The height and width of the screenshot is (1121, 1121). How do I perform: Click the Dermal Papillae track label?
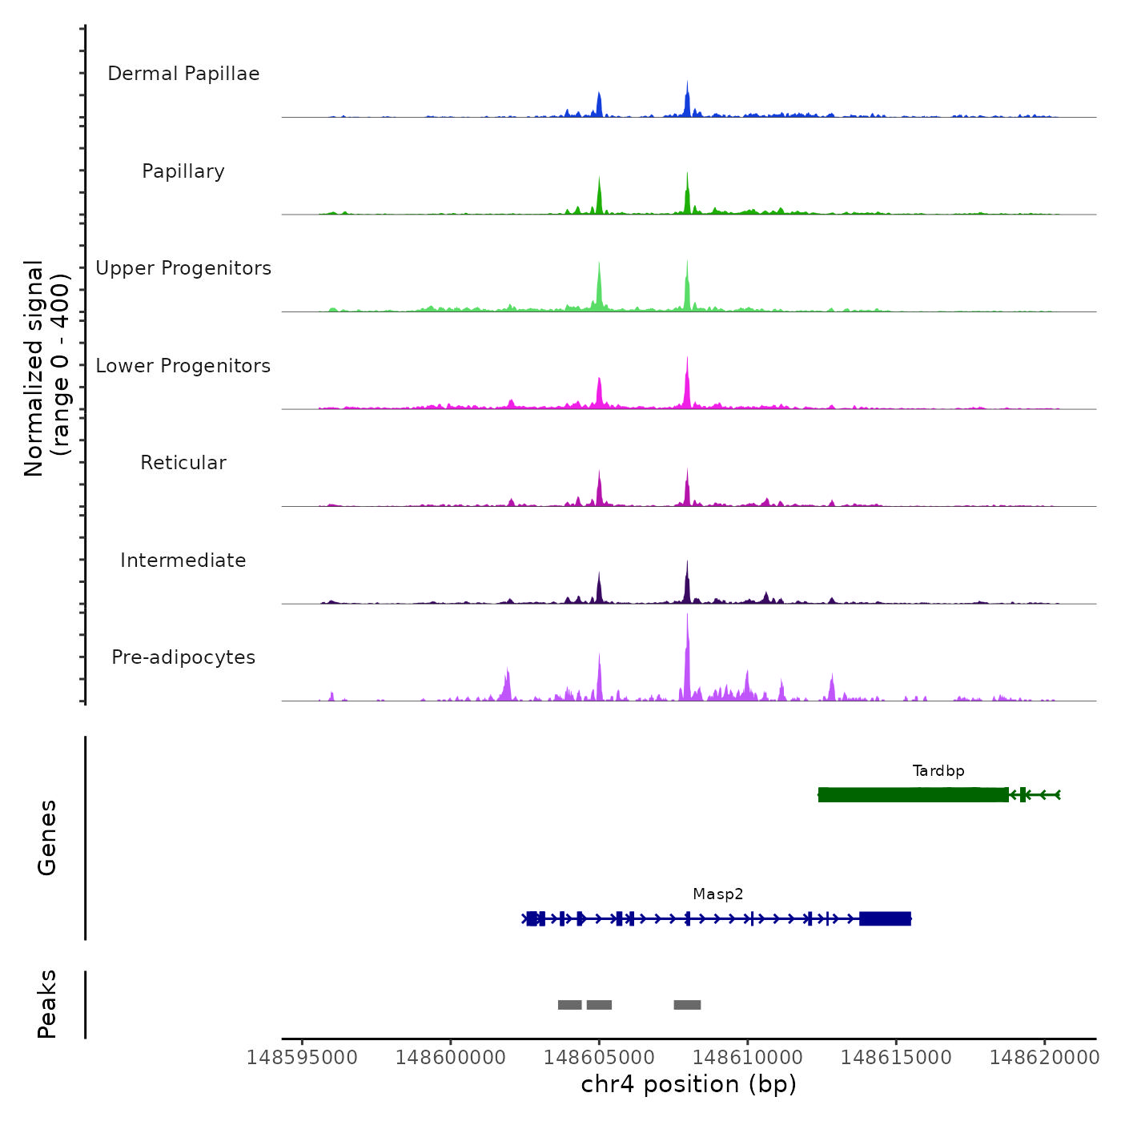[183, 74]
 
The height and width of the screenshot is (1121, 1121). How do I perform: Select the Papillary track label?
[183, 171]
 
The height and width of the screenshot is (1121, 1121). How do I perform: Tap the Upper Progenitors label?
[183, 268]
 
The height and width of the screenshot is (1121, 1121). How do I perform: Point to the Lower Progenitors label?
[183, 366]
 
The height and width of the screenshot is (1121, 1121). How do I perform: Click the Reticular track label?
[183, 463]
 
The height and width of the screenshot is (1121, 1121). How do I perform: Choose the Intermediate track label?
[183, 560]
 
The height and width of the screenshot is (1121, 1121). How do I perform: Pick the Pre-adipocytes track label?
[183, 657]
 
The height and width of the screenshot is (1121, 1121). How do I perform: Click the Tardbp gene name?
[938, 771]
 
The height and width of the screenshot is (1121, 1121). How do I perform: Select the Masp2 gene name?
[718, 894]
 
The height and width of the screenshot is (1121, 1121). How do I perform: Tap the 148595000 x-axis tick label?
[302, 1058]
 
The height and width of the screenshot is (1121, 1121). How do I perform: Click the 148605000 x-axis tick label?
[599, 1058]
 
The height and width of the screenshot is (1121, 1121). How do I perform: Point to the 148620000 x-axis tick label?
[1044, 1058]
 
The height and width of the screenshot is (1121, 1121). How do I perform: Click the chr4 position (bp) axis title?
[689, 1085]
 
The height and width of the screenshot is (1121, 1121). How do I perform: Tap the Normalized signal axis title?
[46, 368]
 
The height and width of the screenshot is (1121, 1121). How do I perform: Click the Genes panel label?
[47, 838]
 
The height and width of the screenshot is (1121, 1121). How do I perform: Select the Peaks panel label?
[47, 1004]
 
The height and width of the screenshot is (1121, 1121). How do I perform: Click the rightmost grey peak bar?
[687, 1005]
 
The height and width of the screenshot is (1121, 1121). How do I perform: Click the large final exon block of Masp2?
[885, 918]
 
